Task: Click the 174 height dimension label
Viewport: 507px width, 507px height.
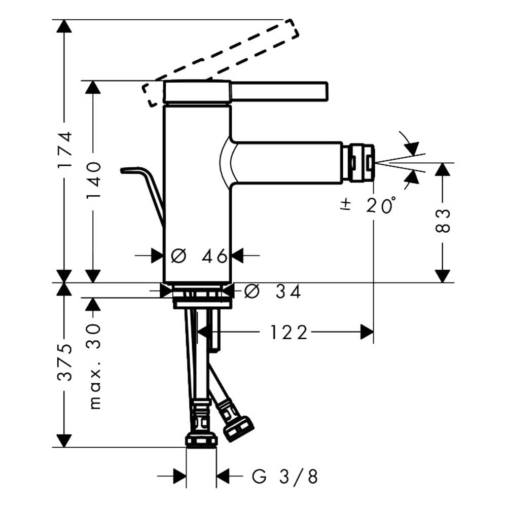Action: (x=64, y=150)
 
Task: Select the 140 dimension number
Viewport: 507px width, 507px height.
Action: (x=94, y=180)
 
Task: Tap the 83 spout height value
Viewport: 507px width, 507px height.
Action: (x=443, y=221)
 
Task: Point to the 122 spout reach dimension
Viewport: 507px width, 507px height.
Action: (x=288, y=333)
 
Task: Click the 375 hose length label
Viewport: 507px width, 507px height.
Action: (x=64, y=362)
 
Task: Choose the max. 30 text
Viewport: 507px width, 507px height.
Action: (x=94, y=366)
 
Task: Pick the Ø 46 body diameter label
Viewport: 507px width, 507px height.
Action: (x=199, y=256)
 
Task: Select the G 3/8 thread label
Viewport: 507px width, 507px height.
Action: (x=284, y=476)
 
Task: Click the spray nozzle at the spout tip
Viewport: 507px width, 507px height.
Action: (x=358, y=163)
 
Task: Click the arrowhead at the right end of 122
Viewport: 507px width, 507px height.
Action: (x=367, y=333)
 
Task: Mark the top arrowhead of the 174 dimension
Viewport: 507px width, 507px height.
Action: (x=64, y=26)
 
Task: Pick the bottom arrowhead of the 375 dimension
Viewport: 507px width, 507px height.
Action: (x=64, y=441)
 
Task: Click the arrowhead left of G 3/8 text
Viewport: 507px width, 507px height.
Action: (x=180, y=476)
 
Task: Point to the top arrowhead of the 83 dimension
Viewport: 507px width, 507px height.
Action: (x=442, y=170)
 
